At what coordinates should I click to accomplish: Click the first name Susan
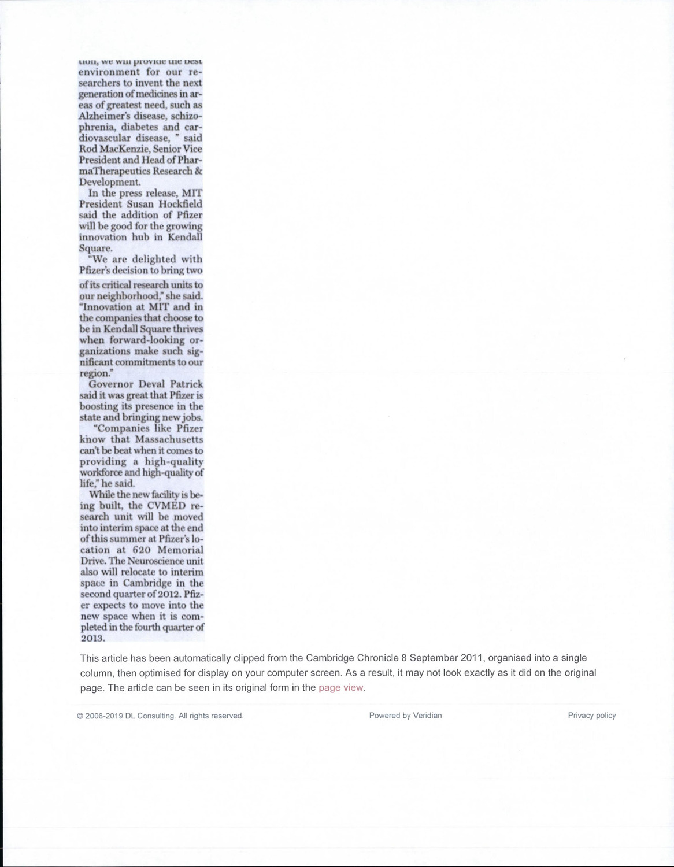click(141, 204)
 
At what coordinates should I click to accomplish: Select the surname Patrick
click(186, 384)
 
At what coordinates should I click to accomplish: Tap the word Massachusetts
click(169, 439)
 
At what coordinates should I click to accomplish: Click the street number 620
click(142, 550)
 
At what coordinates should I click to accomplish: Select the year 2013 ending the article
click(92, 638)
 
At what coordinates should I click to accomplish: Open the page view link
click(341, 688)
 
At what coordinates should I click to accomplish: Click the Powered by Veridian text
click(405, 716)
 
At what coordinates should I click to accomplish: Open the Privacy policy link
click(591, 716)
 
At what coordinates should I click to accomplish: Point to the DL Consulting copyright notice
click(160, 716)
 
